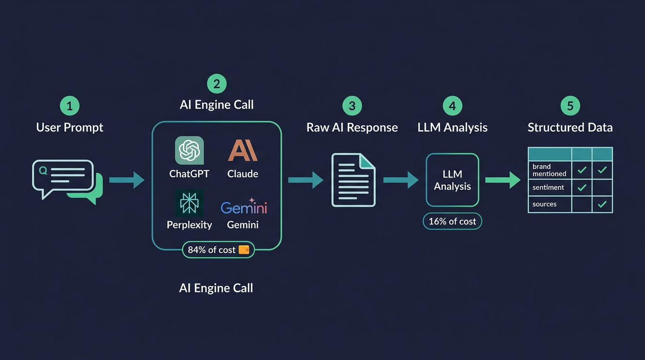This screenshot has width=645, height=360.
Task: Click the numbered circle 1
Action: (70, 106)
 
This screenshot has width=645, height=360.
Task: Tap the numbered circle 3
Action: (352, 106)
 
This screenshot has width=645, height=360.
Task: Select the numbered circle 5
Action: (570, 106)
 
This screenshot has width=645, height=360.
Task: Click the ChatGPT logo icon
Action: (189, 150)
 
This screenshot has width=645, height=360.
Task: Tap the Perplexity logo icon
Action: (189, 203)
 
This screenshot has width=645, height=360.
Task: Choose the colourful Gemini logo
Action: (243, 207)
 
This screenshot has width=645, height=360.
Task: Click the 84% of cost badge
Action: (218, 250)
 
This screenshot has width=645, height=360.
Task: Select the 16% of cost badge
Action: (452, 221)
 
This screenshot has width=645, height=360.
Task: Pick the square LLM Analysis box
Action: (452, 180)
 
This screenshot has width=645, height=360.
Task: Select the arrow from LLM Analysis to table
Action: (502, 180)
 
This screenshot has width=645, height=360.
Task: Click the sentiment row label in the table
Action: (548, 187)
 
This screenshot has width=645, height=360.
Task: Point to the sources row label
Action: (544, 204)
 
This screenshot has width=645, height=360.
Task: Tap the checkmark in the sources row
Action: (602, 204)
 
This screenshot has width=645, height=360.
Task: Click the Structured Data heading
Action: (570, 127)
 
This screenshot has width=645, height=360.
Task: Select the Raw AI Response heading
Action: (352, 127)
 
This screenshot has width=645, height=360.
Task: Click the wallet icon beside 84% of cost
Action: (244, 250)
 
